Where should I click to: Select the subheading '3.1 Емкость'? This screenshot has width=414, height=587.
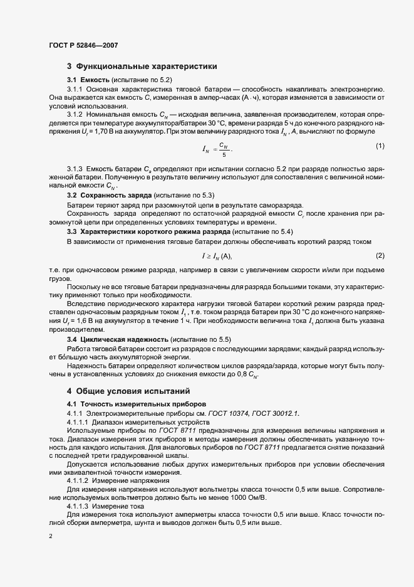(88, 81)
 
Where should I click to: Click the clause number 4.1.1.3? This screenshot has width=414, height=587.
(78, 505)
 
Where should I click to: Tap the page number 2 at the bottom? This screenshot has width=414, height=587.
(49, 536)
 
